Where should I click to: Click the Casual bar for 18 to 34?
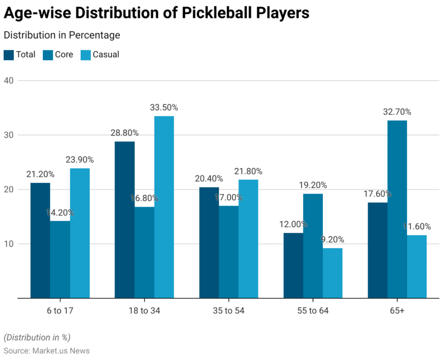(164, 207)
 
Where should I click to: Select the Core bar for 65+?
(397, 209)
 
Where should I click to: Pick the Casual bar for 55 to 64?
(332, 273)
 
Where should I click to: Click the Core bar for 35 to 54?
(228, 252)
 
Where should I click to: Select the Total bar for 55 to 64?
(293, 266)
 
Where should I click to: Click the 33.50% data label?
(164, 108)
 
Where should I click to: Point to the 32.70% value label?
(397, 112)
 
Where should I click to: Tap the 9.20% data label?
(332, 240)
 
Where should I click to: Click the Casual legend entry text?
(106, 55)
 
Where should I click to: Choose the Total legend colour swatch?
(9, 55)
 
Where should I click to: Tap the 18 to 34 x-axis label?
(144, 310)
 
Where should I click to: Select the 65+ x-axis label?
(397, 310)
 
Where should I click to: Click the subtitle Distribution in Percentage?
(62, 35)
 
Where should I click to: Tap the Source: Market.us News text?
(46, 351)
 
